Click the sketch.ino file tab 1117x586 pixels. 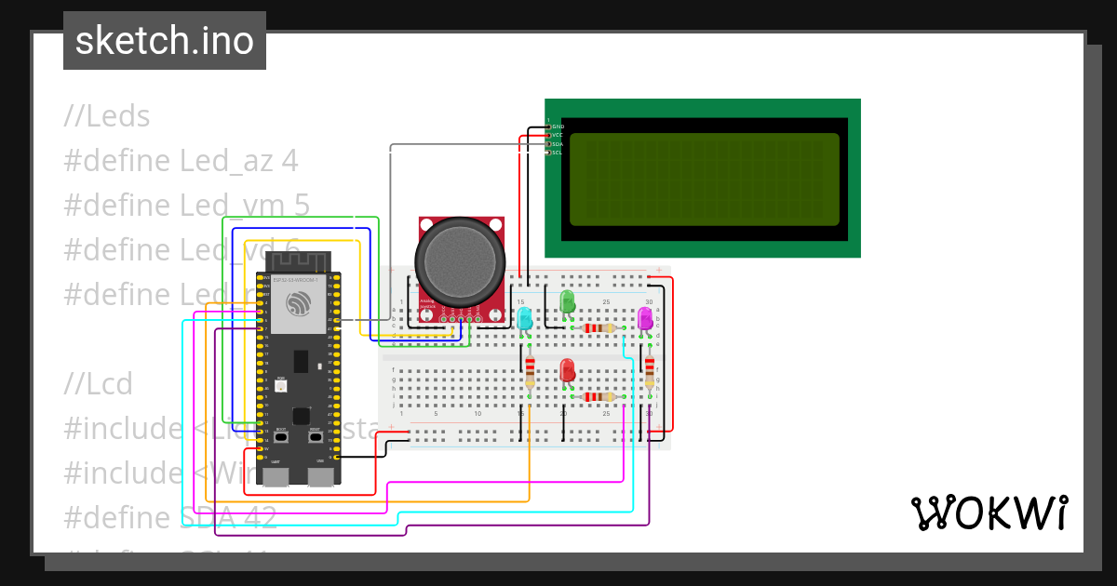[x=165, y=41]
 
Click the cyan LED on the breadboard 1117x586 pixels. [x=525, y=318]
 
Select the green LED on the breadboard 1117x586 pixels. [x=567, y=301]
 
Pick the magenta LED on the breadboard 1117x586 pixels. [x=644, y=319]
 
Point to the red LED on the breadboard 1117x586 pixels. [x=567, y=370]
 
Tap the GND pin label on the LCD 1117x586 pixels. [x=558, y=126]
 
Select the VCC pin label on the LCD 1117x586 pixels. [x=558, y=135]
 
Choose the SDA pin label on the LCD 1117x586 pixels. [x=558, y=144]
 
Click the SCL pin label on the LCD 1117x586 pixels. [x=558, y=153]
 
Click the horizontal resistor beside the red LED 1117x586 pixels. [x=599, y=397]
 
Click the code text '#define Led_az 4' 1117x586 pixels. [x=181, y=161]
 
